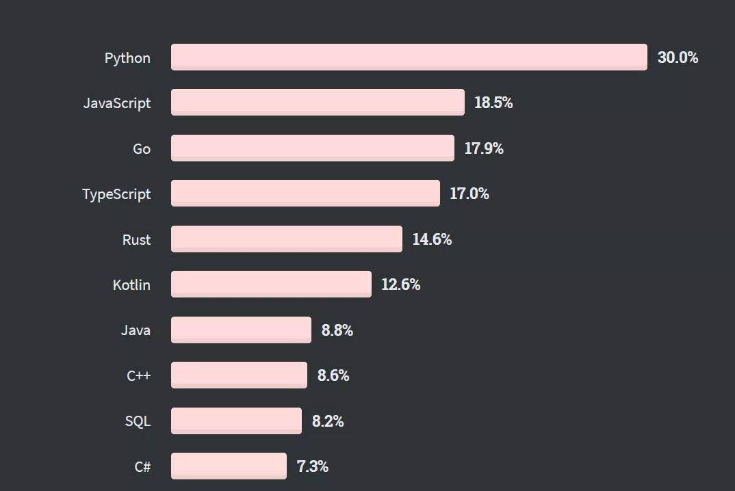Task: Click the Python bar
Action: (409, 57)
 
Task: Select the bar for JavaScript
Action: (318, 102)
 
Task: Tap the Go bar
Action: (312, 148)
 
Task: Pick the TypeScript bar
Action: (305, 193)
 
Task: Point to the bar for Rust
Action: (286, 239)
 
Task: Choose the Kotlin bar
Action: (271, 284)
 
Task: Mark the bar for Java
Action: (241, 330)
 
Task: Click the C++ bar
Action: (239, 375)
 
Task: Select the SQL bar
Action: (236, 421)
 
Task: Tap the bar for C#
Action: (229, 466)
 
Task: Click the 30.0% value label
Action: (678, 57)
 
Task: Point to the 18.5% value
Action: (493, 103)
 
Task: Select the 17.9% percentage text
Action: (484, 148)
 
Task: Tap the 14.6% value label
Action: (432, 239)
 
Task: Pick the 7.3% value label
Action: (312, 466)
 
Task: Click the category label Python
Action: (127, 58)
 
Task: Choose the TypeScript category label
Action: (116, 194)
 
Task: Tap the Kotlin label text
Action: (131, 284)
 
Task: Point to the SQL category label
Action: (138, 421)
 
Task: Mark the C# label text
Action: (142, 467)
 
